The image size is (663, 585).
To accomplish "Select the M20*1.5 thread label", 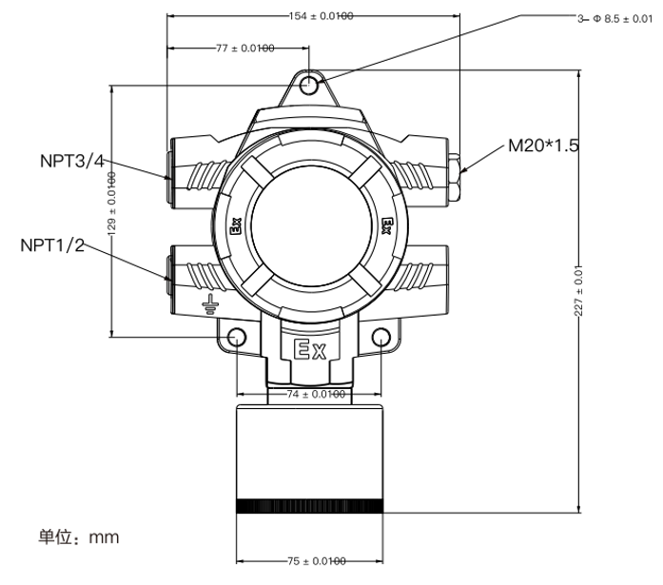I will pyautogui.click(x=543, y=146).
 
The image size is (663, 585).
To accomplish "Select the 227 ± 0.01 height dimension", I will pyautogui.click(x=579, y=289).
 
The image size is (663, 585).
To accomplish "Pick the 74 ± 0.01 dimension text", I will pyautogui.click(x=308, y=394).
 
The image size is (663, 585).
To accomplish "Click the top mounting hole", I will pyautogui.click(x=309, y=87).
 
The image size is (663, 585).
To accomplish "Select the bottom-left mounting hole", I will pyautogui.click(x=236, y=336).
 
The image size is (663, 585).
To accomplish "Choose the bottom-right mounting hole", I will pyautogui.click(x=381, y=336).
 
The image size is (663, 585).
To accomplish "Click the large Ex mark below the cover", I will pyautogui.click(x=308, y=350).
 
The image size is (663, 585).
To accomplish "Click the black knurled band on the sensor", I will pyautogui.click(x=308, y=507).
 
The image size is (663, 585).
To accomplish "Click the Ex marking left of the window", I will pyautogui.click(x=234, y=227).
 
